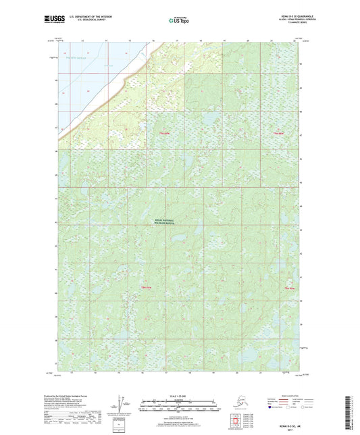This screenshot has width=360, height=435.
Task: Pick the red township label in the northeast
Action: pos(277,134)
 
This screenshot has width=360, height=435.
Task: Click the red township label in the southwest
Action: pos(145,288)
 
